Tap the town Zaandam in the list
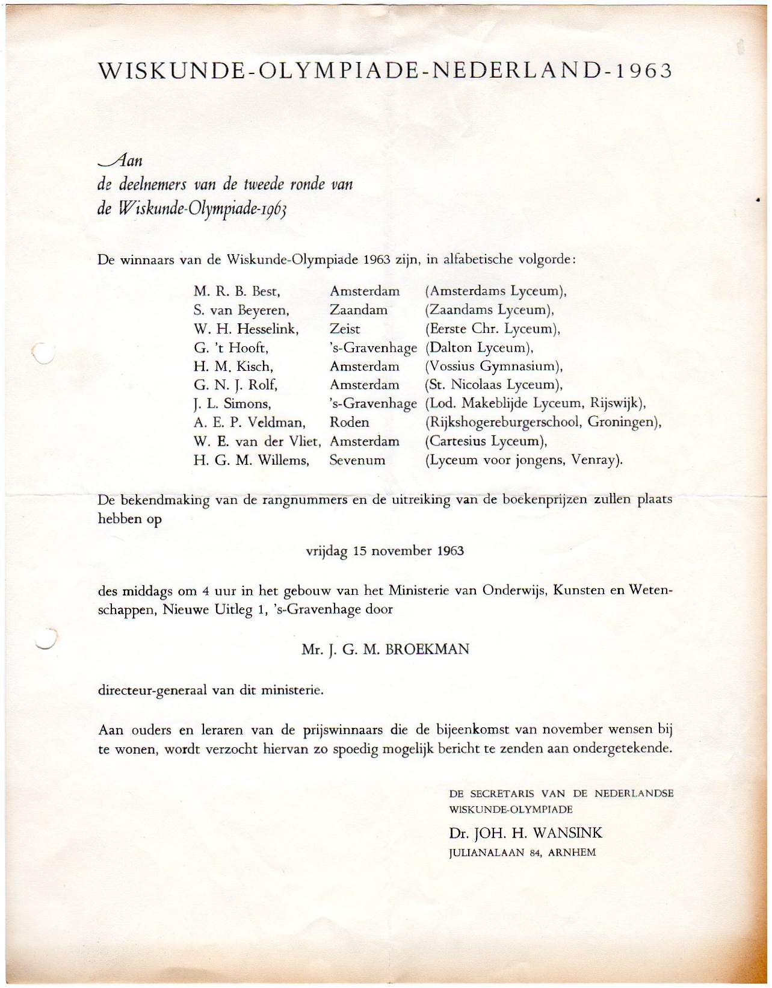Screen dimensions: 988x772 pos(358,310)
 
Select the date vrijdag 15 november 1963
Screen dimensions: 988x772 pos(385,551)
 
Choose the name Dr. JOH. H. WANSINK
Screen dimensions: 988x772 pos(525,833)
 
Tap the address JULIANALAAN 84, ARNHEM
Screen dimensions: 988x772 pos(522,853)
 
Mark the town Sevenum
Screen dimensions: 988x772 pos(357,461)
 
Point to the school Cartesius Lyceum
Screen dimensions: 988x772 pos(486,441)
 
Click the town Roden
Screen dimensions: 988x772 pos(349,423)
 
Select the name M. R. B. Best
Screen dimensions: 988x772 pos(237,291)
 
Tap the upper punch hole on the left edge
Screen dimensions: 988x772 pos(43,352)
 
